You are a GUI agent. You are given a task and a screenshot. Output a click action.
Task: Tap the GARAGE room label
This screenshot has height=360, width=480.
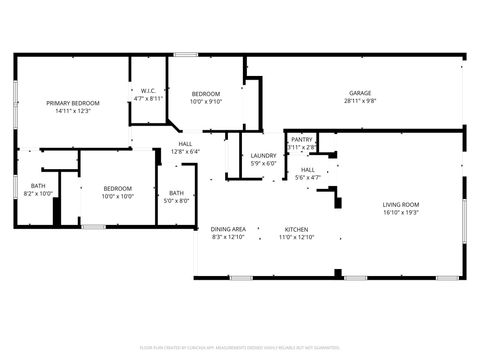point(360,93)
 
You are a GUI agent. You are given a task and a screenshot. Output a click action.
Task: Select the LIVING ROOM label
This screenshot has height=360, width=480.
point(400,205)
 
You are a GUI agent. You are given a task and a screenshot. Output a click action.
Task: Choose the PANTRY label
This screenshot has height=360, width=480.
point(302,139)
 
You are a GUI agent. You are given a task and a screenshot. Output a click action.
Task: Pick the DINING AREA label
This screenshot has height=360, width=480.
point(228,229)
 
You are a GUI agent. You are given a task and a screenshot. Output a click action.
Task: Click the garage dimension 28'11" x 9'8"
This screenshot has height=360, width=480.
point(360,101)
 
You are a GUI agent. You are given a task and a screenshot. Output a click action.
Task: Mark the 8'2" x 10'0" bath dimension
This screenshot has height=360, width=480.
point(38,194)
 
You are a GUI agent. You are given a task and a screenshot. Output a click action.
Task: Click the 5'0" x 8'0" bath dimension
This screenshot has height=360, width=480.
point(176,201)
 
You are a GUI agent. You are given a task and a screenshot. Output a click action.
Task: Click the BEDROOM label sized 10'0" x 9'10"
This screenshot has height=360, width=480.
point(207,93)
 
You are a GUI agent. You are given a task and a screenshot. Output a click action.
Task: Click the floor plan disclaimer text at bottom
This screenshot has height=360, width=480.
point(240,347)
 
